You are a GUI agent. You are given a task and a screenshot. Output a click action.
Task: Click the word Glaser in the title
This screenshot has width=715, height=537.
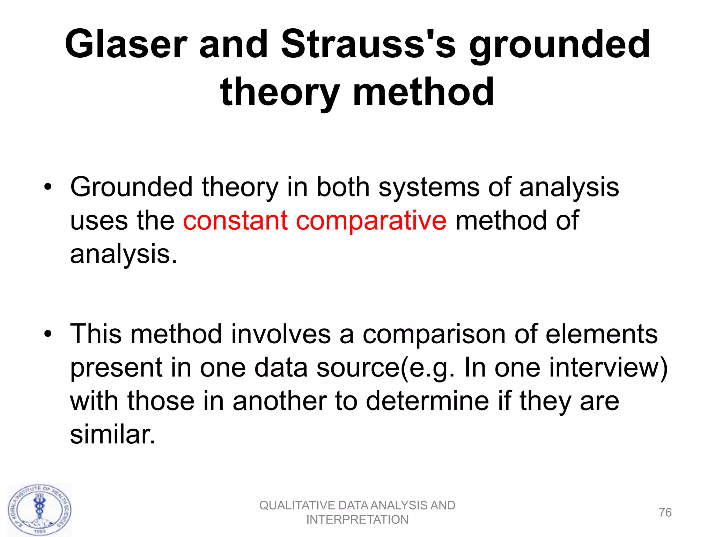pyautogui.click(x=126, y=44)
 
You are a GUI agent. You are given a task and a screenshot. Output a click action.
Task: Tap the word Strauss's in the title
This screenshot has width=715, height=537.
pyautogui.click(x=368, y=44)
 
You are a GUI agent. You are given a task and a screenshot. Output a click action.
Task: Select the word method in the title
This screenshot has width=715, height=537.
pyautogui.click(x=423, y=92)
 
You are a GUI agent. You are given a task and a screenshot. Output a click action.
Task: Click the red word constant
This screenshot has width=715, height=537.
pyautogui.click(x=235, y=221)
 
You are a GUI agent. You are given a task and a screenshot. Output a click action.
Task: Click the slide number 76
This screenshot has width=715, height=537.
pyautogui.click(x=665, y=513)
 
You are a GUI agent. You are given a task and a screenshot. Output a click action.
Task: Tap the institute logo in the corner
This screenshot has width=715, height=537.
pyautogui.click(x=39, y=510)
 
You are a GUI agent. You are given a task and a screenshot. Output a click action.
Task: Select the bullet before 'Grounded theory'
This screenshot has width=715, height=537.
pyautogui.click(x=48, y=187)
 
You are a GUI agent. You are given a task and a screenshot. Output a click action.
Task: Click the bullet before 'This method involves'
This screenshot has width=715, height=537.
pyautogui.click(x=48, y=334)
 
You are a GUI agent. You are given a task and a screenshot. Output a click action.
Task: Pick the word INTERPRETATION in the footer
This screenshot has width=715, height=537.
pyautogui.click(x=357, y=520)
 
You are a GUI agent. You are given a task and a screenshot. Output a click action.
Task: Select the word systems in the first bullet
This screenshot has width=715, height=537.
pyautogui.click(x=429, y=187)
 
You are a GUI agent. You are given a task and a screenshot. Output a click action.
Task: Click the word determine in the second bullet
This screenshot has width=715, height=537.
pyautogui.click(x=428, y=401)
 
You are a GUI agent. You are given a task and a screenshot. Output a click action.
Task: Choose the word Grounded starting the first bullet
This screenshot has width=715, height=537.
pyautogui.click(x=132, y=187)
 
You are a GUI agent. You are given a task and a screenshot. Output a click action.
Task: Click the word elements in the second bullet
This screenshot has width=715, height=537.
pyautogui.click(x=601, y=334)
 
